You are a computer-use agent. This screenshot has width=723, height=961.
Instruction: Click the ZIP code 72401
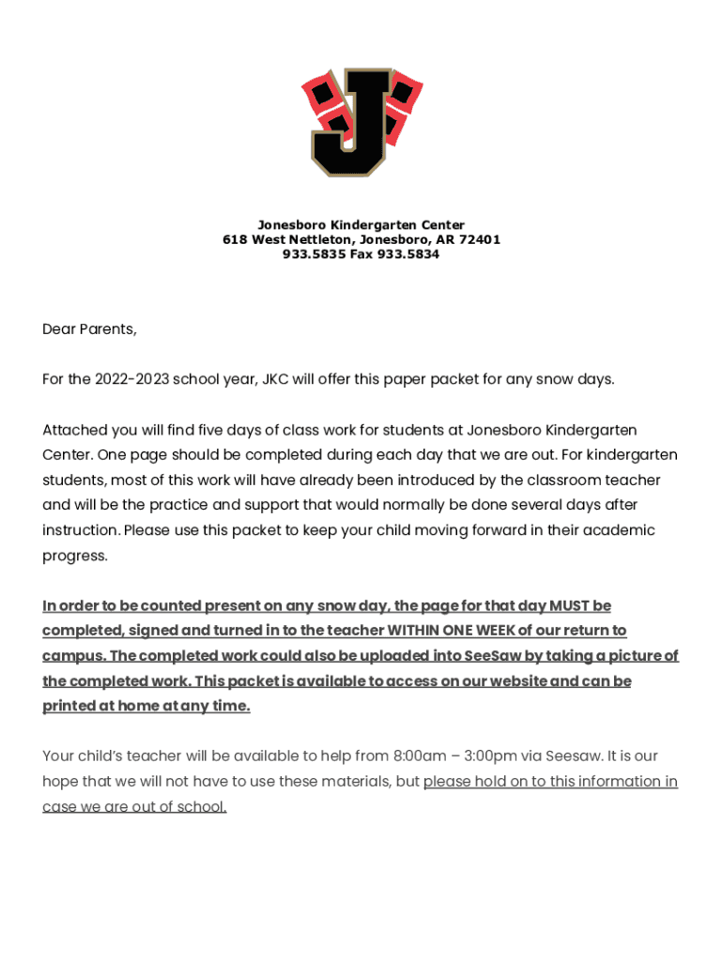[481, 240]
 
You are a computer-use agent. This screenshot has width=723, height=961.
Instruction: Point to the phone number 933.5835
[314, 255]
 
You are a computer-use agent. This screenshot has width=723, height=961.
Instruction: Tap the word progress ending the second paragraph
[73, 556]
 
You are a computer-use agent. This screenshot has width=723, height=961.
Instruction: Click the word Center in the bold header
[441, 225]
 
